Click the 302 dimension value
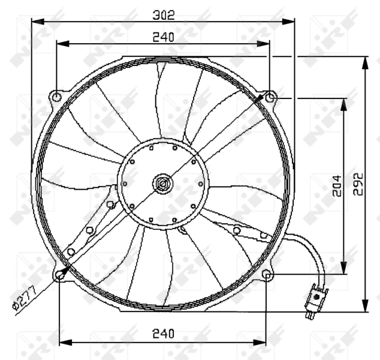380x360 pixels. click(164, 15)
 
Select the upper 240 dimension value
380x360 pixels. click(164, 37)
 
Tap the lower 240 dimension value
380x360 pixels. click(164, 334)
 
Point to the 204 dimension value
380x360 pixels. click(337, 186)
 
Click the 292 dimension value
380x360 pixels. click(358, 184)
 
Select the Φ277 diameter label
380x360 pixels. click(25, 298)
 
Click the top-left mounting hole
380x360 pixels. click(57, 97)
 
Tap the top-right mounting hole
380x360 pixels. click(270, 98)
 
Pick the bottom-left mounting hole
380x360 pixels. click(59, 275)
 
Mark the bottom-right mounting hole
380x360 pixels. click(267, 275)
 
